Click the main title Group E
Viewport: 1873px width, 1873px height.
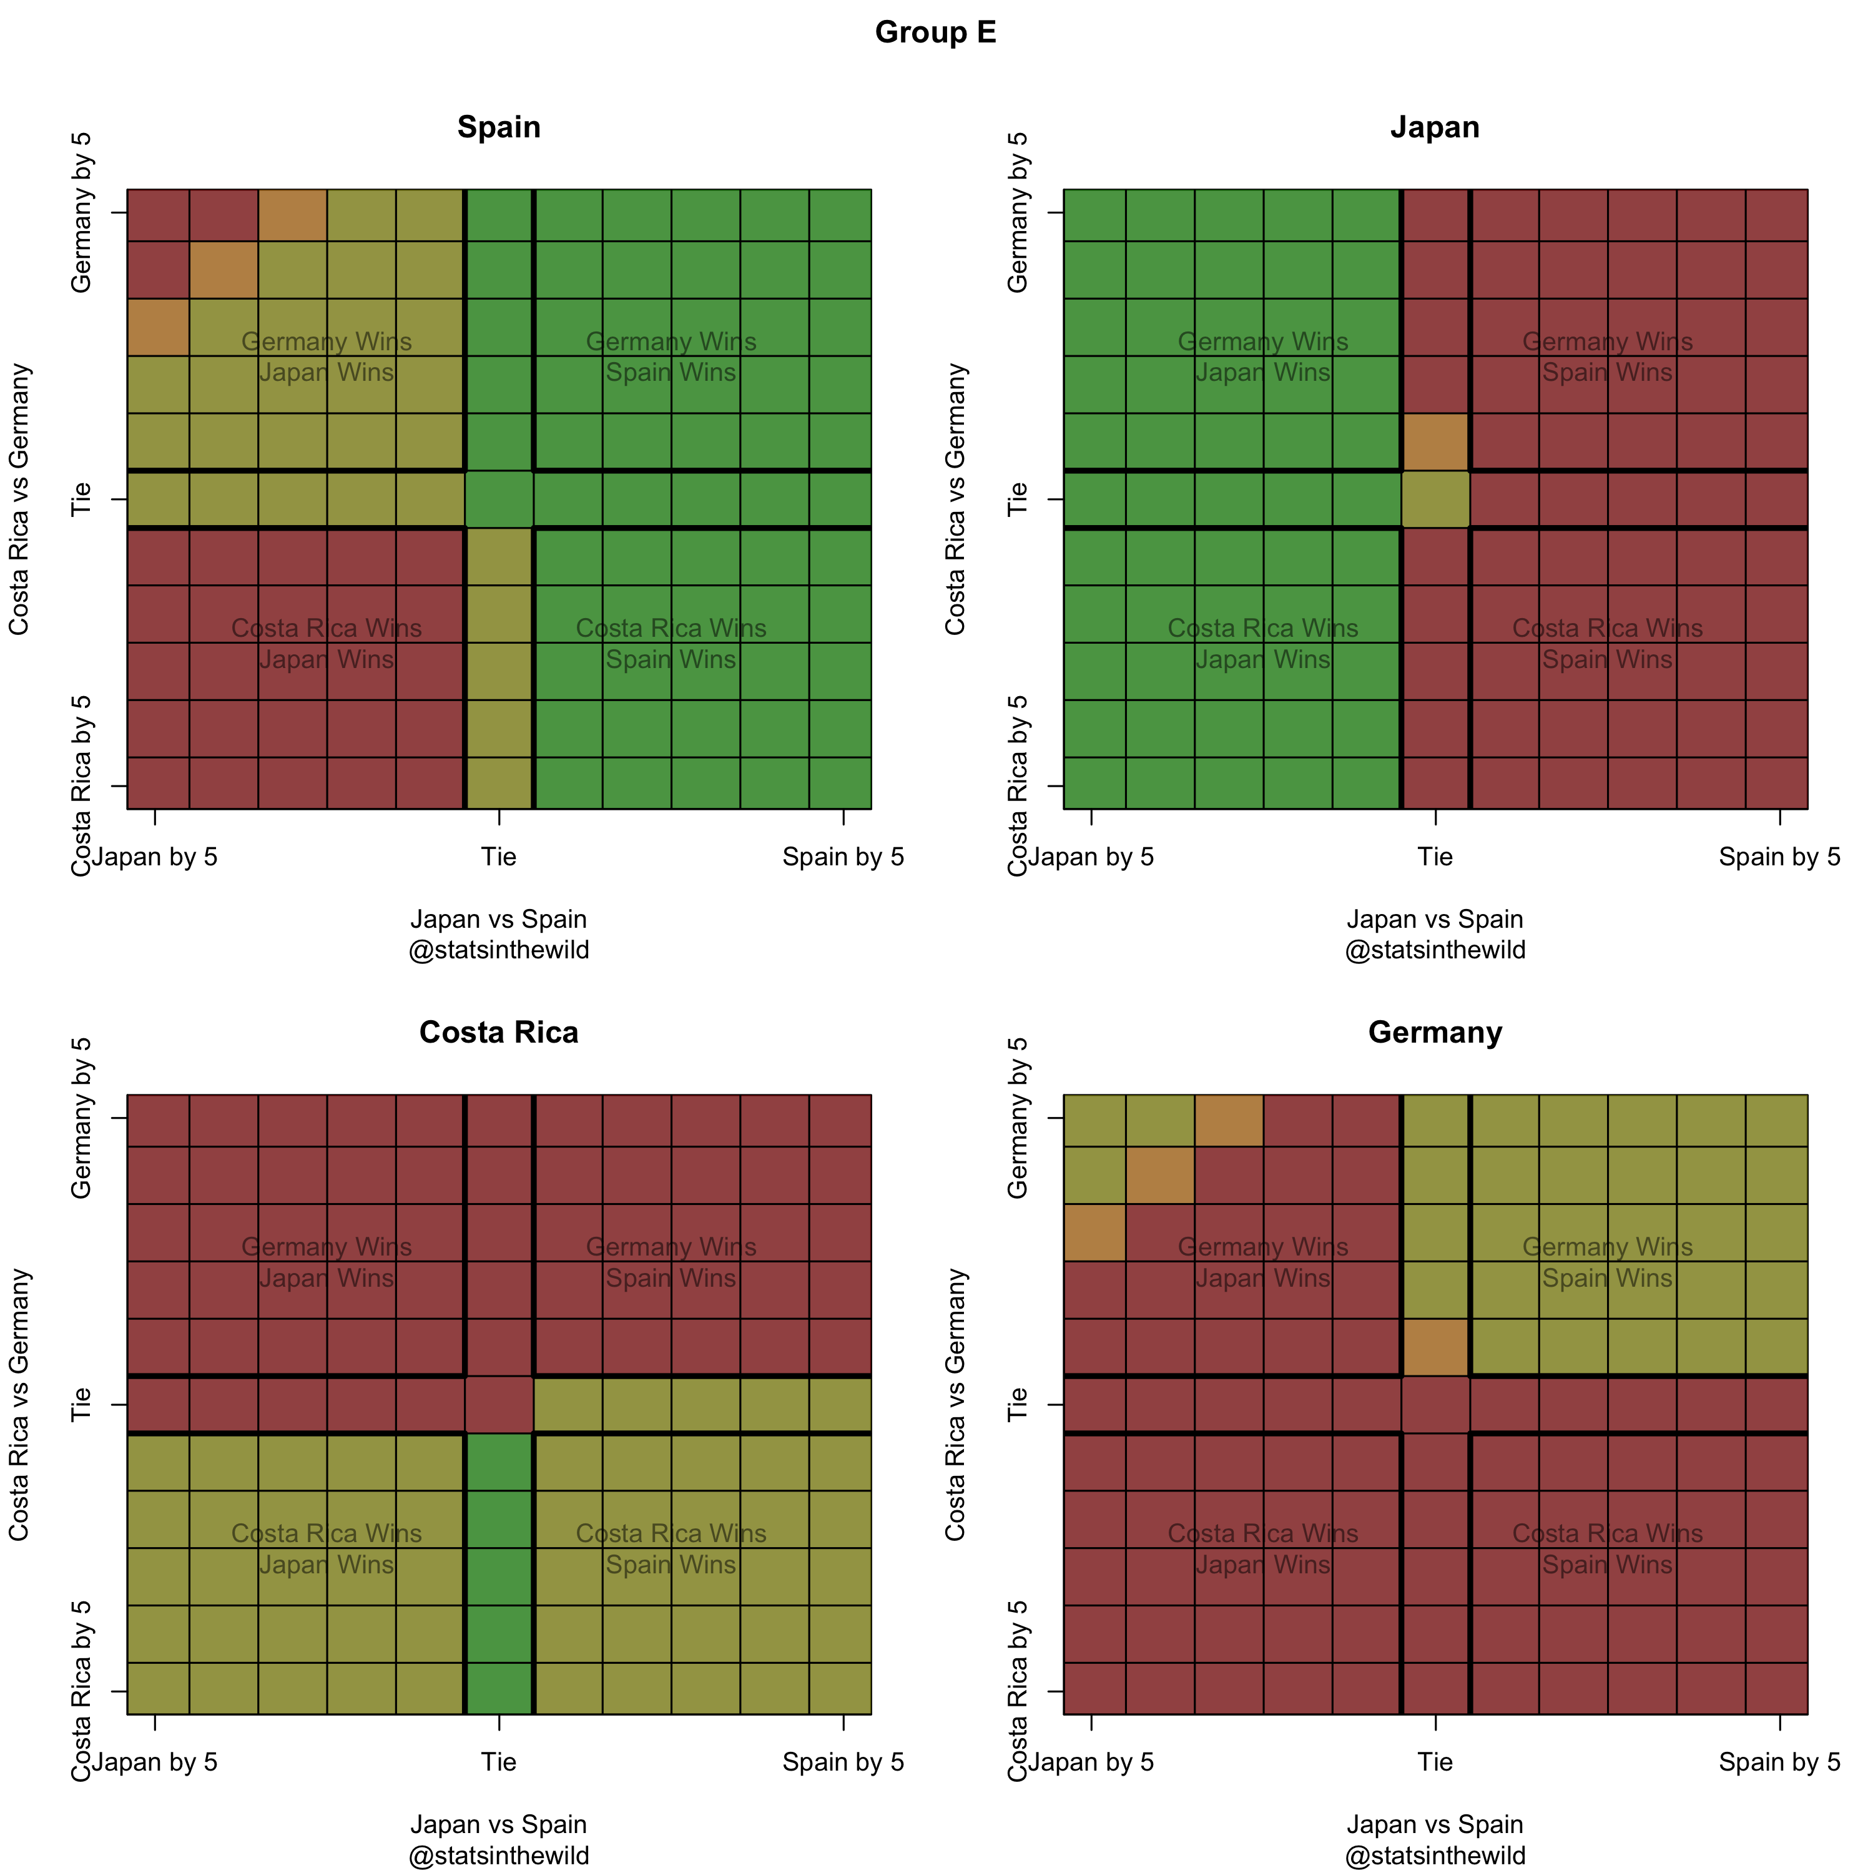(935, 32)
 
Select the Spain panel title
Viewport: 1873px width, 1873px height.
(498, 127)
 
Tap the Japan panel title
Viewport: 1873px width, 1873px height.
(1435, 127)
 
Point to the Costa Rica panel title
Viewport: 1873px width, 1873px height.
(498, 1033)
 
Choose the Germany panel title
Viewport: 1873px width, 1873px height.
(1435, 1033)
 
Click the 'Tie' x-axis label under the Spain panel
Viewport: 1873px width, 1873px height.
(498, 857)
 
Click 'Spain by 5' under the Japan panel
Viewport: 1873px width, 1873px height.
(1779, 857)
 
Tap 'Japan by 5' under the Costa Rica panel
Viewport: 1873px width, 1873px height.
(155, 1762)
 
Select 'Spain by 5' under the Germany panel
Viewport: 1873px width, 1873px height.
(1779, 1762)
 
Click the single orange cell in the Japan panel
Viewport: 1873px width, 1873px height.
(1436, 442)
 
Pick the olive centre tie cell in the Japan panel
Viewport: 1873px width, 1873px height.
(1436, 499)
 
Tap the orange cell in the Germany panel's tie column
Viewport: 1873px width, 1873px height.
(1436, 1347)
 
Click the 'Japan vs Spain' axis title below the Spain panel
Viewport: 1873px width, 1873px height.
(498, 919)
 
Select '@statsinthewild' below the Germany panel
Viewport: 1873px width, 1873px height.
(1435, 1856)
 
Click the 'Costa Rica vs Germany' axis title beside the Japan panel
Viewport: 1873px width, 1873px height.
(956, 499)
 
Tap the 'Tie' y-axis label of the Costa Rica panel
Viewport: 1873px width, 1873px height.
(81, 1405)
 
